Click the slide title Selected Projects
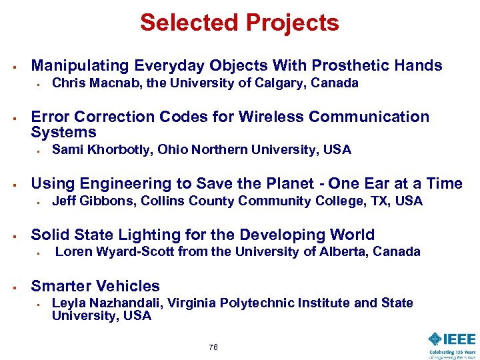coord(239,23)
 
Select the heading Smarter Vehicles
coord(95,286)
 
